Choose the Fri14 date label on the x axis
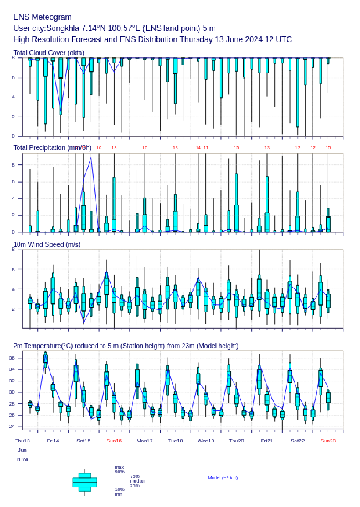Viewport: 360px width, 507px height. [x=53, y=441]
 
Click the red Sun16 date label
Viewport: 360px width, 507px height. [x=114, y=441]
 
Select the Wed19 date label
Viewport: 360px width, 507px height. [x=206, y=441]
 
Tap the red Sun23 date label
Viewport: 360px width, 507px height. [x=328, y=441]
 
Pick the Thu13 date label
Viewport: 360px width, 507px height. [x=23, y=441]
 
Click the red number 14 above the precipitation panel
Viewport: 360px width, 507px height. [x=198, y=148]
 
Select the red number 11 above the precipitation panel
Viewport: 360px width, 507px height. [x=206, y=148]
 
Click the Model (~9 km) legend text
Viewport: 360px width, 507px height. [x=223, y=477]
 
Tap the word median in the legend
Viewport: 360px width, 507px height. [x=137, y=481]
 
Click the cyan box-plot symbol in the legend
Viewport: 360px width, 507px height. [x=85, y=482]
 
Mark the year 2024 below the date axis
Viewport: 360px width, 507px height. [x=23, y=459]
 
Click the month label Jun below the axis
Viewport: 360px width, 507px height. [x=20, y=450]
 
